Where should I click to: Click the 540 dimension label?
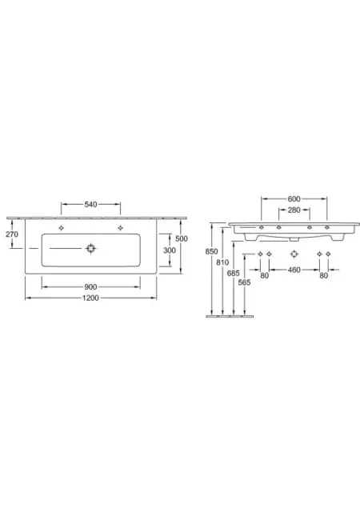[x=90, y=205]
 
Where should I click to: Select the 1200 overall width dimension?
[x=90, y=298]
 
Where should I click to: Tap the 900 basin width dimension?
[x=90, y=286]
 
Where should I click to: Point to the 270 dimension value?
[x=12, y=234]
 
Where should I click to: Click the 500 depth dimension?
[x=182, y=238]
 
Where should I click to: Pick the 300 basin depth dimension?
[x=170, y=250]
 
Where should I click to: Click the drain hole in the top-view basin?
[x=91, y=249]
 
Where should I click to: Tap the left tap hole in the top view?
[x=61, y=228]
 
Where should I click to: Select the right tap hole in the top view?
[x=120, y=228]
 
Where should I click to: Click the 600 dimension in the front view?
[x=294, y=199]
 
